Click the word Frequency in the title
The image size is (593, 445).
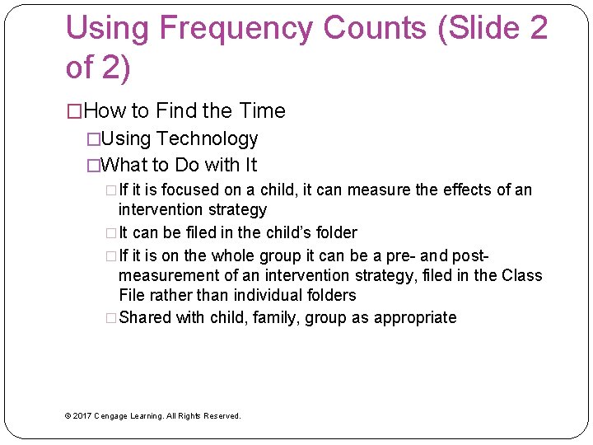(236, 29)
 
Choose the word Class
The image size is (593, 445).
(521, 275)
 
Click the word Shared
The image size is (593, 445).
(145, 318)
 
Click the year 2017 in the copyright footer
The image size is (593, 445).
(82, 416)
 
